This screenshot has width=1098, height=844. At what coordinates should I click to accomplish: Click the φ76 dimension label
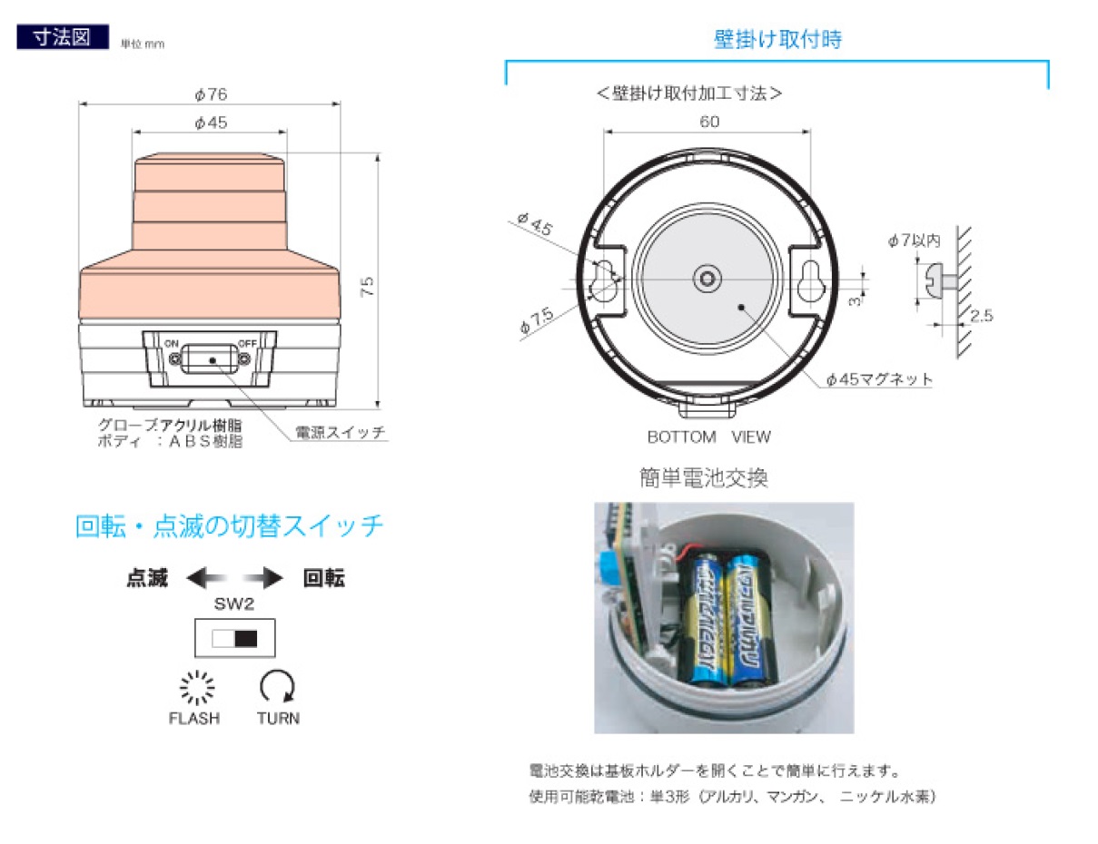[x=210, y=93]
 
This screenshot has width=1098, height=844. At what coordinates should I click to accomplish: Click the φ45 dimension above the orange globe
[x=210, y=123]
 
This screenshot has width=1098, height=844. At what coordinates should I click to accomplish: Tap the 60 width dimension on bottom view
[x=708, y=122]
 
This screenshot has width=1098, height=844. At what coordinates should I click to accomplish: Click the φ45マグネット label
[x=879, y=379]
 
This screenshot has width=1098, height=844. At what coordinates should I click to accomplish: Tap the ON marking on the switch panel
[x=172, y=343]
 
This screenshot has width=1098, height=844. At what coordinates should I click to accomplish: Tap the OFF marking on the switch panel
[x=247, y=343]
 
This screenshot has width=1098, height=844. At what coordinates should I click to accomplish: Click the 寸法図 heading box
[x=62, y=37]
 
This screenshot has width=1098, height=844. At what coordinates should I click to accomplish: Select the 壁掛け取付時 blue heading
[x=777, y=39]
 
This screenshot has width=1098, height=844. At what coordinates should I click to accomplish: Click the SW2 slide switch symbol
[x=234, y=638]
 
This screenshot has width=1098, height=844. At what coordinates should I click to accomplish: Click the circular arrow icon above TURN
[x=277, y=687]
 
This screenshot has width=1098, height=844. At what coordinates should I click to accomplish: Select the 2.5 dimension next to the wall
[x=982, y=316]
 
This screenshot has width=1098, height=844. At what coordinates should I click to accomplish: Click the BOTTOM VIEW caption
[x=708, y=437]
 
